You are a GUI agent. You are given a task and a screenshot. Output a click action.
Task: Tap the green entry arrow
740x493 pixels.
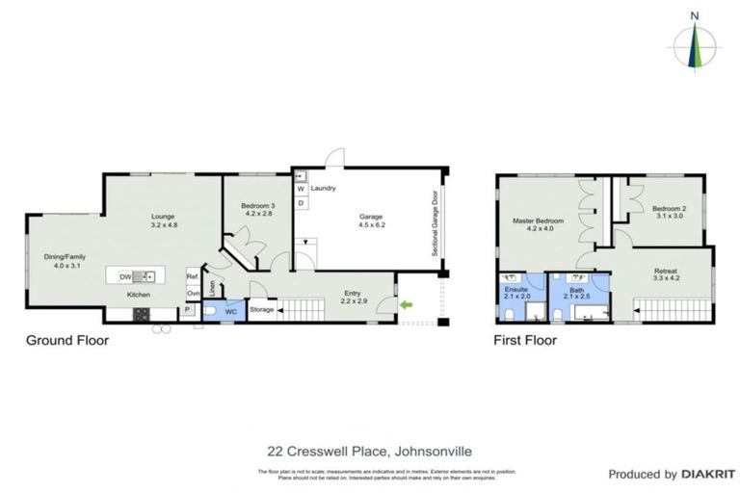(x=407, y=306)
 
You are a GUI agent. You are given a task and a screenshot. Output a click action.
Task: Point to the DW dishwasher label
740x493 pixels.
(x=125, y=276)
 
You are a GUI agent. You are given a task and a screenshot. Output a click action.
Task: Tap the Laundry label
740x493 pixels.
(x=323, y=188)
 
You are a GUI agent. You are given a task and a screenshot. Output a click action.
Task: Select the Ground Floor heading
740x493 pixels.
(x=66, y=340)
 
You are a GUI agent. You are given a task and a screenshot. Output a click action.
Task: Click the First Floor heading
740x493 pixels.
(x=526, y=340)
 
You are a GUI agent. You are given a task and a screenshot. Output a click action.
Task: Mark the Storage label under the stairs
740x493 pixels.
(x=262, y=310)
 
